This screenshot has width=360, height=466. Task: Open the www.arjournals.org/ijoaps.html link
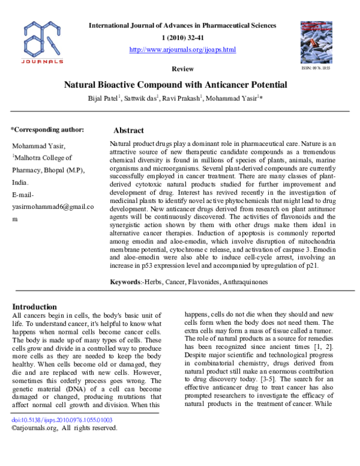click(x=182, y=49)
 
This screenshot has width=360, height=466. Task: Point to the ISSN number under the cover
click(x=316, y=68)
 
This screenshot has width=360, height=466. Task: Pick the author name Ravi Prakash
click(x=182, y=98)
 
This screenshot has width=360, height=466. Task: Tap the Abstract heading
click(x=128, y=130)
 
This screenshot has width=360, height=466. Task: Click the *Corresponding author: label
click(x=47, y=129)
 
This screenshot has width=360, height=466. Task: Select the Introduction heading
click(x=38, y=306)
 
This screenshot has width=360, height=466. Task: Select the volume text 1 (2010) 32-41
click(x=182, y=38)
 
